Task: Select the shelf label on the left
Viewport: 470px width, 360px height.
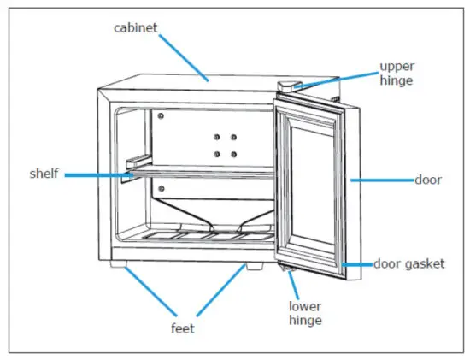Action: (44, 174)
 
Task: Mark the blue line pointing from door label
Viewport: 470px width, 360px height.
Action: (381, 180)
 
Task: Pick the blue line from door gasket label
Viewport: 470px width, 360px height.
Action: (357, 264)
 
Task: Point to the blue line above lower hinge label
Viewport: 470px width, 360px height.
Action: (296, 284)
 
